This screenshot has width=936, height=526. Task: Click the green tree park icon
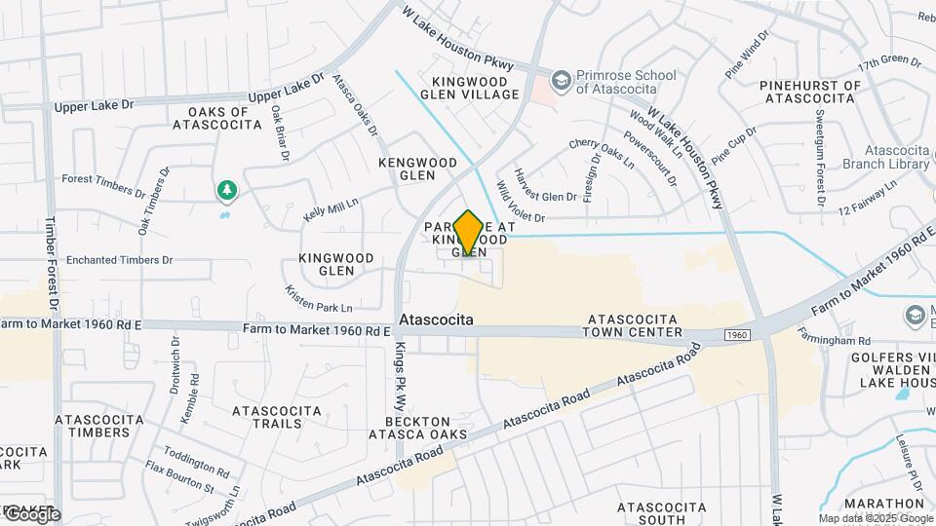(226, 189)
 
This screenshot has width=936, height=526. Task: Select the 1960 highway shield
(736, 335)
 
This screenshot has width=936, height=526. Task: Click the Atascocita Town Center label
(633, 325)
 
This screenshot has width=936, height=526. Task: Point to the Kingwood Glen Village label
(470, 88)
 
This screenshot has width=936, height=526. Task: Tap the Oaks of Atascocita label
(217, 118)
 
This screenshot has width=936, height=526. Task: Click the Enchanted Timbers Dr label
(120, 261)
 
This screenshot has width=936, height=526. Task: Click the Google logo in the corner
(31, 514)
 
